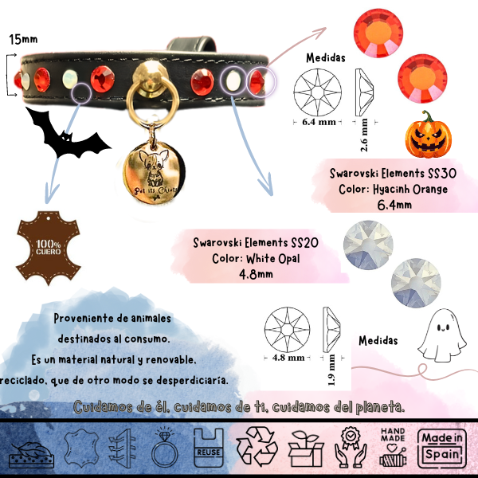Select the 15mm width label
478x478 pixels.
pyautogui.click(x=22, y=39)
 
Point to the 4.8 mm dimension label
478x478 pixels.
pyautogui.click(x=289, y=358)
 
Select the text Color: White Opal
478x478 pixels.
pyautogui.click(x=256, y=258)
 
